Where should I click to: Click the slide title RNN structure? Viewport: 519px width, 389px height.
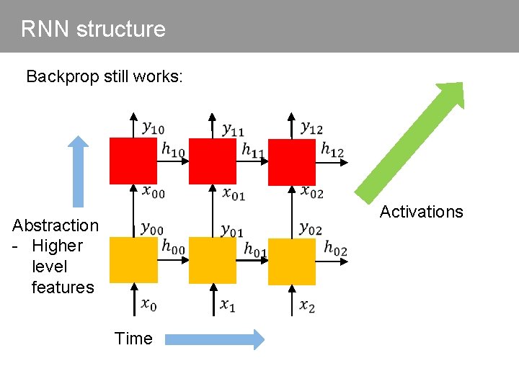pos(93,29)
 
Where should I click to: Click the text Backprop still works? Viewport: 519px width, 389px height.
pos(105,76)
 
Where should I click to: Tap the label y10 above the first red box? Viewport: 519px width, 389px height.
pos(153,128)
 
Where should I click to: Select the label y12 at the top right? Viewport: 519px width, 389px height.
pos(311,128)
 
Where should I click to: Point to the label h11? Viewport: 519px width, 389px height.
pos(253,151)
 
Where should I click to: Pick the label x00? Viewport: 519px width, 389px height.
pos(154,192)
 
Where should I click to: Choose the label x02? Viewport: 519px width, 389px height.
pos(312,192)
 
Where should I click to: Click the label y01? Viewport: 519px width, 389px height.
pos(232,230)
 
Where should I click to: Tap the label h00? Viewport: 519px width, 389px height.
pos(174,246)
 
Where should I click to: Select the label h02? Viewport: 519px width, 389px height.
pos(335,247)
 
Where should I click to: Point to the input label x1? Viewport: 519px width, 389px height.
pos(228,305)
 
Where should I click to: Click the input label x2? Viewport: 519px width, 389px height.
pos(307,305)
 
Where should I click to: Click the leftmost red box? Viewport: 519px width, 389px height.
pos(133,161)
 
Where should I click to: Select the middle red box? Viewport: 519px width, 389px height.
pos(212,161)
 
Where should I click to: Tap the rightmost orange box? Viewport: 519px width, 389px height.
pos(291,261)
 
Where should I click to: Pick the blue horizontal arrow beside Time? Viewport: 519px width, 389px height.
pos(214,339)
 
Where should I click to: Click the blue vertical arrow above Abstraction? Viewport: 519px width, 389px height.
pos(79,172)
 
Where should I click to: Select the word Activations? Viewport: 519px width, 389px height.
pos(421,212)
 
